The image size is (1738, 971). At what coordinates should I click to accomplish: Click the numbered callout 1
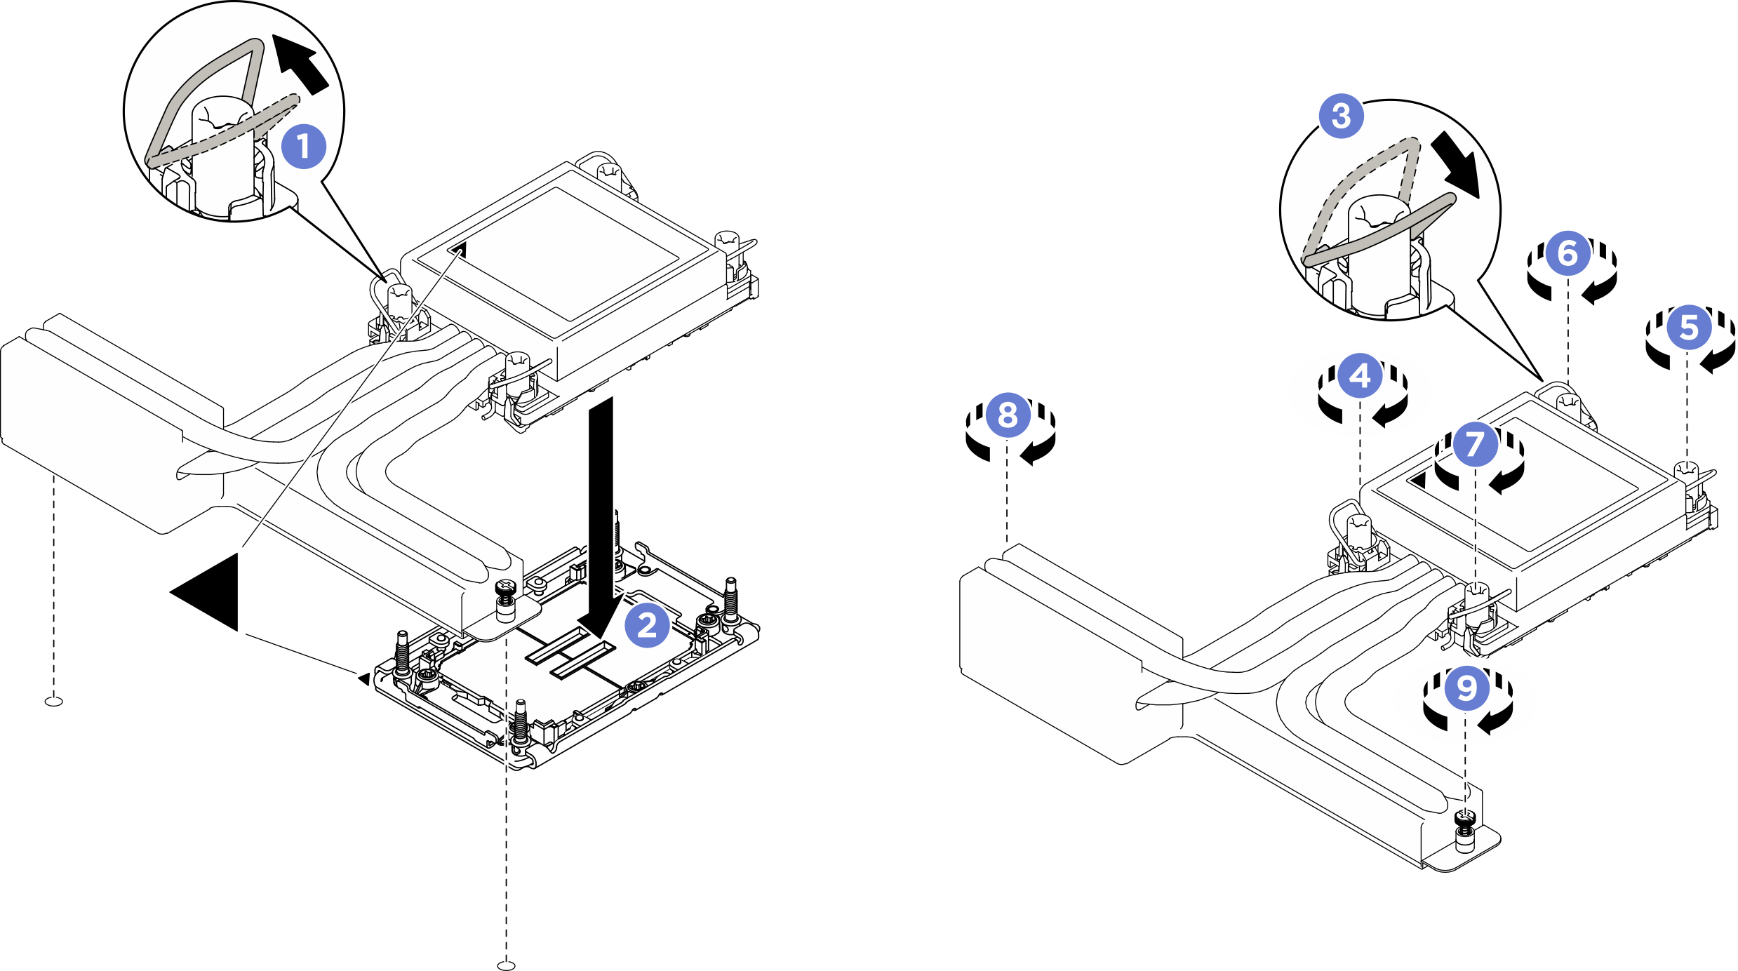pyautogui.click(x=303, y=147)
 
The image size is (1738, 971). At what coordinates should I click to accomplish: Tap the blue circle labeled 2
pyautogui.click(x=647, y=624)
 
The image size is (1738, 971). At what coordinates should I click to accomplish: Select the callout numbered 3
pyautogui.click(x=1341, y=116)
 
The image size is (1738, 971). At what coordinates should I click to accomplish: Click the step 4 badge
pyautogui.click(x=1360, y=376)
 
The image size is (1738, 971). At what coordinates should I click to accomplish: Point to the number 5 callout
pyautogui.click(x=1689, y=328)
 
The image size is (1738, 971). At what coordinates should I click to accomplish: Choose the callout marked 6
pyautogui.click(x=1567, y=253)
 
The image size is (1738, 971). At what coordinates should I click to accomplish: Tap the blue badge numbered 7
pyautogui.click(x=1474, y=443)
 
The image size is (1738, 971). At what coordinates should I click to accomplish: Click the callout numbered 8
pyautogui.click(x=1007, y=415)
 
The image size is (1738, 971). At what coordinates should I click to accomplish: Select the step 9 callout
pyautogui.click(x=1466, y=688)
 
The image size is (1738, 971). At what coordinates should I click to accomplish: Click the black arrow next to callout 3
pyautogui.click(x=1456, y=166)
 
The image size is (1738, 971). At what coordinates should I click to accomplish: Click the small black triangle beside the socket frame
pyautogui.click(x=363, y=678)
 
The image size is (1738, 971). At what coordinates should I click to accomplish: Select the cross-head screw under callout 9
pyautogui.click(x=1464, y=816)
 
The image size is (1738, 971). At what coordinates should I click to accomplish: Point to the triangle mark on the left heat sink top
pyautogui.click(x=460, y=248)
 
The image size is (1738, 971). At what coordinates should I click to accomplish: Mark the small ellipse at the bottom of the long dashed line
pyautogui.click(x=506, y=965)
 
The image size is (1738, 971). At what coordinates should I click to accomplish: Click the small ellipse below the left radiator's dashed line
pyautogui.click(x=53, y=701)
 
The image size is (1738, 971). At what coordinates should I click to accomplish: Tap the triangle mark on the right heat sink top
pyautogui.click(x=1419, y=481)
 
